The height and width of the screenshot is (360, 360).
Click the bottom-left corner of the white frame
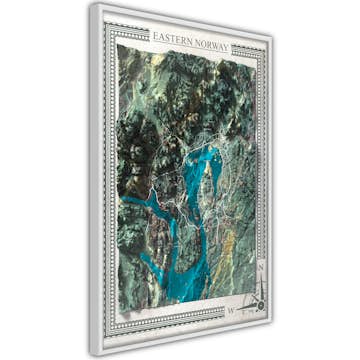(x=90, y=356)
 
